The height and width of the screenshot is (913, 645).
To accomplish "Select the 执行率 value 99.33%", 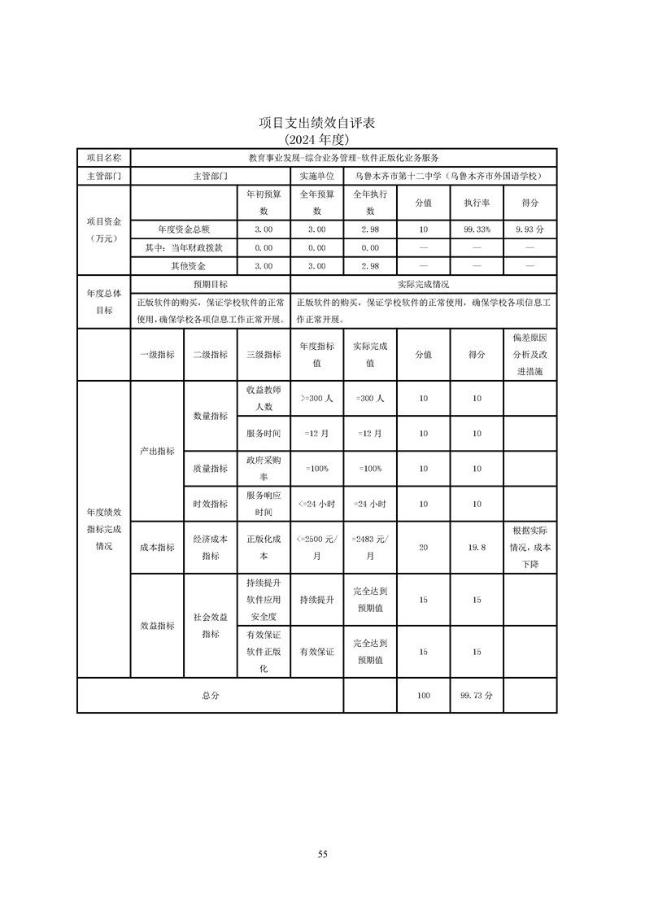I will click(477, 230).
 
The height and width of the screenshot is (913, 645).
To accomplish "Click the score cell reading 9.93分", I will click(530, 230).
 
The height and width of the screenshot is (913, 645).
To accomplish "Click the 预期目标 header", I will click(210, 285).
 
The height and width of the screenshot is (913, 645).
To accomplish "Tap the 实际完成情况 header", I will click(423, 285).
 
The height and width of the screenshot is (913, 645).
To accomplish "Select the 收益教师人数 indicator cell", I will click(263, 398).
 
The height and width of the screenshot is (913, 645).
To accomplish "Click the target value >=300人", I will click(316, 398).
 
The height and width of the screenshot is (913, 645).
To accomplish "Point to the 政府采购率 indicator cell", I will click(263, 469).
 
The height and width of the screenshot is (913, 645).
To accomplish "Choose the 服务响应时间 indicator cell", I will click(263, 504).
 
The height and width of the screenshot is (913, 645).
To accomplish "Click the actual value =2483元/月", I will click(369, 548).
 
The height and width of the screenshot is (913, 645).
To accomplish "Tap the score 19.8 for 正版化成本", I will click(477, 548).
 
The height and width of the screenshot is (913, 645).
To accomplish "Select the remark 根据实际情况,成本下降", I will click(530, 548).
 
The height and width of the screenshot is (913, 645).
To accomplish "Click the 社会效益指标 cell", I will click(210, 626).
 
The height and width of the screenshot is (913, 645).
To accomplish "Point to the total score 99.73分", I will click(477, 696).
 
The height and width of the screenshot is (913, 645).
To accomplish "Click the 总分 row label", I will click(210, 696).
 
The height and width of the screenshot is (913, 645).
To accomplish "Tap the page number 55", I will click(322, 854).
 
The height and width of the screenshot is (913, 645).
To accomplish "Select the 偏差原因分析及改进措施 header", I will click(530, 354).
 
